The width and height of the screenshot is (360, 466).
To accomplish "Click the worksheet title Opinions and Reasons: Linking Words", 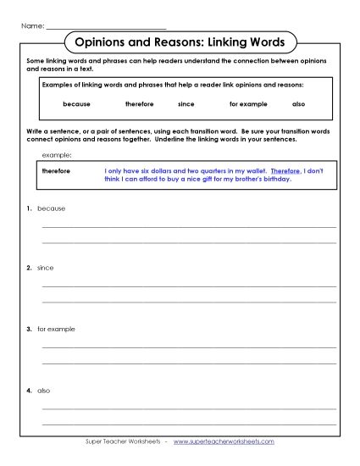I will coord(180,42).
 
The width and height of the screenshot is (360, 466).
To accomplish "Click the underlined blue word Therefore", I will coord(285,170).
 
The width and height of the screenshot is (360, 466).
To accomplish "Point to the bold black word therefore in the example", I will coord(56,170).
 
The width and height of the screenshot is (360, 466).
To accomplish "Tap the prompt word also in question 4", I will coord(45,391).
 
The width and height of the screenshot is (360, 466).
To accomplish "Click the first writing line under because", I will coord(188,227).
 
